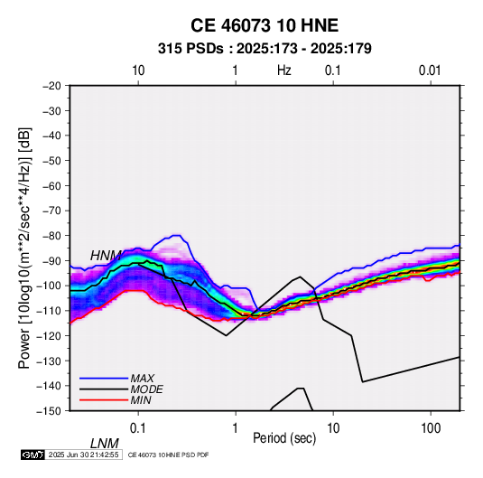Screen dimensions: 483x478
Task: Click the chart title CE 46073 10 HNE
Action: [265, 25]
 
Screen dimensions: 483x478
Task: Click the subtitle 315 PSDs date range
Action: [265, 49]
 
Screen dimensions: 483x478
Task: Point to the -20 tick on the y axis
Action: [51, 86]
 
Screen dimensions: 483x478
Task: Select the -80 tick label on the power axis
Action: [51, 236]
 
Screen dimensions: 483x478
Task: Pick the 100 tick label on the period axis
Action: [431, 428]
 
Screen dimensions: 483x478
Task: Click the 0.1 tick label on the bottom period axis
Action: [138, 428]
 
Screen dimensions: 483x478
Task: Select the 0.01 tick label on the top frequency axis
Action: [430, 70]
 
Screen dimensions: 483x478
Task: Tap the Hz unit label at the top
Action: [284, 70]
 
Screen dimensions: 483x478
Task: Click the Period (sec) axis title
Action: [284, 438]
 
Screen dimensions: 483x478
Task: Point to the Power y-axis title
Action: [24, 248]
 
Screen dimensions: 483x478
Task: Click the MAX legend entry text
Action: [143, 379]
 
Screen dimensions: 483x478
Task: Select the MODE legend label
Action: [146, 389]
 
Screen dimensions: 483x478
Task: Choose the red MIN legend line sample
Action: [104, 400]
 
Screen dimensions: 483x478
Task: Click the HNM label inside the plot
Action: [106, 256]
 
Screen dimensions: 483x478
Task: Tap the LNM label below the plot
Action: [105, 444]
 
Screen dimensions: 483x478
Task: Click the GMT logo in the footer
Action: [33, 455]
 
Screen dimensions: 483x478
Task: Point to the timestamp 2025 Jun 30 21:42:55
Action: [83, 455]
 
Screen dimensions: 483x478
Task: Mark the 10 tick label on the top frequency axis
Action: [138, 70]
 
